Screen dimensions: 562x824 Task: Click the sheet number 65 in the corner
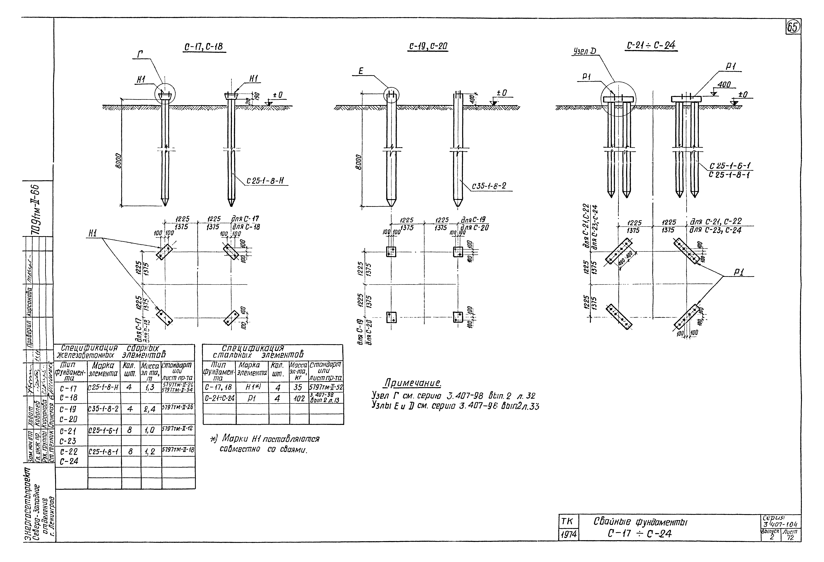793,27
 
